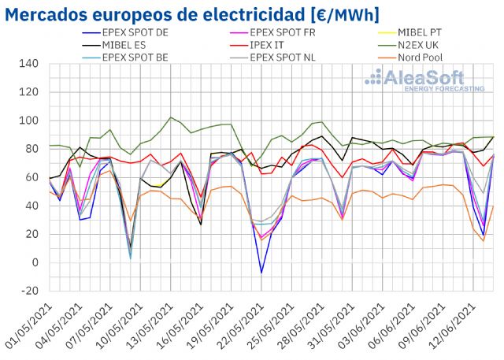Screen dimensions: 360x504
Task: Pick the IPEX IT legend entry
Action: pyautogui.click(x=272, y=46)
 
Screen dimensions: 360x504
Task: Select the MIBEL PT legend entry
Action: pyautogui.click(x=424, y=33)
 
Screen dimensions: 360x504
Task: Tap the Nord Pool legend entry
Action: pyautogui.click(x=424, y=58)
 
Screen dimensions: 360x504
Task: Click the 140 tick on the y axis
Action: pyautogui.click(x=29, y=63)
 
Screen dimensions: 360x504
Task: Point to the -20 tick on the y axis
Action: pyautogui.click(x=29, y=291)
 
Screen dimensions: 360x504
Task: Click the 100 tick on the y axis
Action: pyautogui.click(x=29, y=120)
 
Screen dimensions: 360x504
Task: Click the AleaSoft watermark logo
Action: pyautogui.click(x=422, y=80)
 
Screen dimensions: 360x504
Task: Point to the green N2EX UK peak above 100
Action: pyautogui.click(x=172, y=117)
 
